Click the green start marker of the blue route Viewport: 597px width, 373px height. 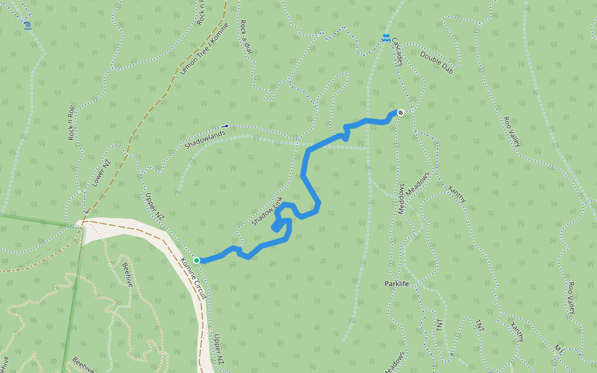[x=197, y=260]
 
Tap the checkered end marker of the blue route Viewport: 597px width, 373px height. [x=400, y=113]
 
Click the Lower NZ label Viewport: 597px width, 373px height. [x=100, y=173]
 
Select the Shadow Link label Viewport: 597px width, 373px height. [x=267, y=211]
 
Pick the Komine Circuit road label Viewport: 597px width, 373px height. [x=193, y=278]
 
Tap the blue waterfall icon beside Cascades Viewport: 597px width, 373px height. [x=386, y=39]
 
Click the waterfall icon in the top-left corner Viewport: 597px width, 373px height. [x=27, y=25]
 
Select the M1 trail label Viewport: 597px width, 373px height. [x=558, y=350]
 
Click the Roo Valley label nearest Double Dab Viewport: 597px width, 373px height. [x=512, y=131]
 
